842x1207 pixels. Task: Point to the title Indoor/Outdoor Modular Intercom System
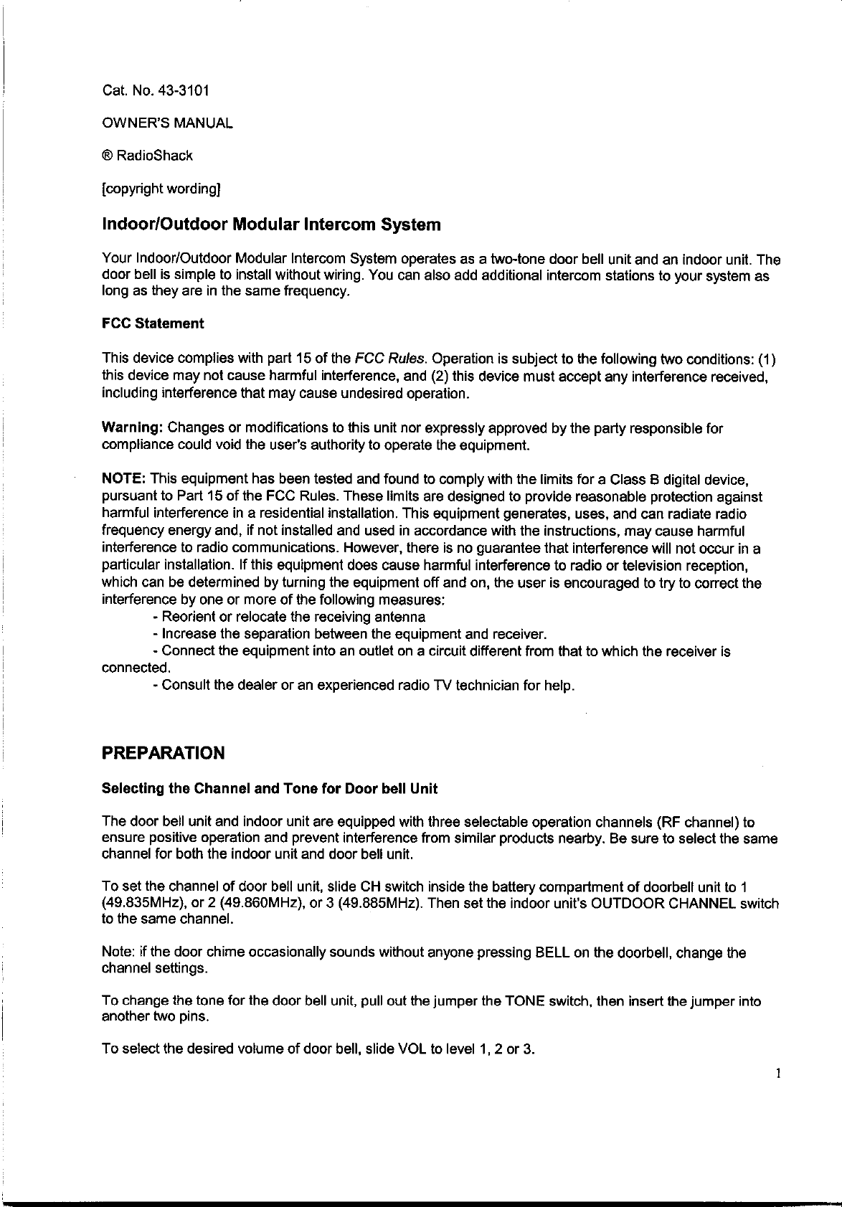[x=271, y=225]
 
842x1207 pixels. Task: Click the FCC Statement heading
[x=153, y=323]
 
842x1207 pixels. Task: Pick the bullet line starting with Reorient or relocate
[x=289, y=617]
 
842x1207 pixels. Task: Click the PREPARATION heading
[x=164, y=754]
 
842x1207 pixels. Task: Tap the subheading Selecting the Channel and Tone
[x=270, y=789]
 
